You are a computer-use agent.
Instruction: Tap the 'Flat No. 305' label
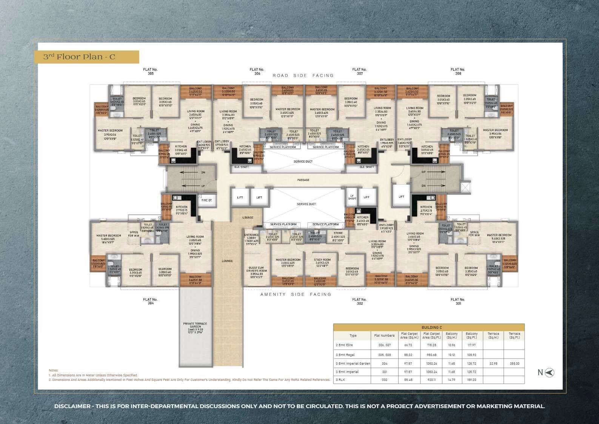[150, 71]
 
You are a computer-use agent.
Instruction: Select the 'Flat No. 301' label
[458, 301]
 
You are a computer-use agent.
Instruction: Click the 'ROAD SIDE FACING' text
[303, 76]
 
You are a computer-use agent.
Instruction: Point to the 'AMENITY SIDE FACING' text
[296, 294]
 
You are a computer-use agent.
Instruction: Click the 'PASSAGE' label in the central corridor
[303, 180]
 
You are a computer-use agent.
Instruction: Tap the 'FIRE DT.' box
[207, 200]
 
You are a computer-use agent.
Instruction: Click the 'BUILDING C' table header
[428, 327]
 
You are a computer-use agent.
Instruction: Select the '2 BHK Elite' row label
[344, 345]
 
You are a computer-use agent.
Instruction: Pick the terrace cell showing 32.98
[493, 363]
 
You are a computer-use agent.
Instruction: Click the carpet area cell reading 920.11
[431, 380]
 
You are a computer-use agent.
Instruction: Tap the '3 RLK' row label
[340, 380]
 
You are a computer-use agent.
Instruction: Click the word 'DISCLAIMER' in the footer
[72, 406]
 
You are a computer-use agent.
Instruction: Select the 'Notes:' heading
[54, 370]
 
